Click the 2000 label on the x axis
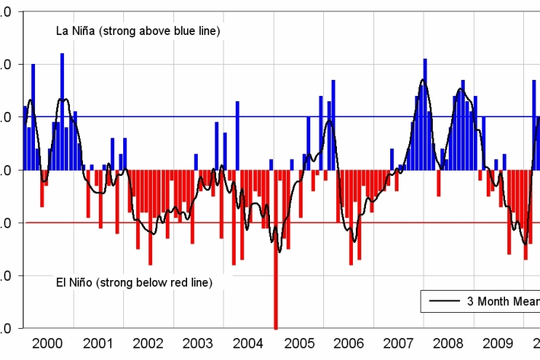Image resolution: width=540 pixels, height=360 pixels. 48,343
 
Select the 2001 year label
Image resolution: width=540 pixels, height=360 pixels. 97,343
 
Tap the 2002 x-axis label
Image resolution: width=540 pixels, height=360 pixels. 148,343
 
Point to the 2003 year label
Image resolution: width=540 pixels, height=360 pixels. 197,343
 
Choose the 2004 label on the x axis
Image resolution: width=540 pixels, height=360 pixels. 247,343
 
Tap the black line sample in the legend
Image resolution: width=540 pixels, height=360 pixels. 443,301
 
